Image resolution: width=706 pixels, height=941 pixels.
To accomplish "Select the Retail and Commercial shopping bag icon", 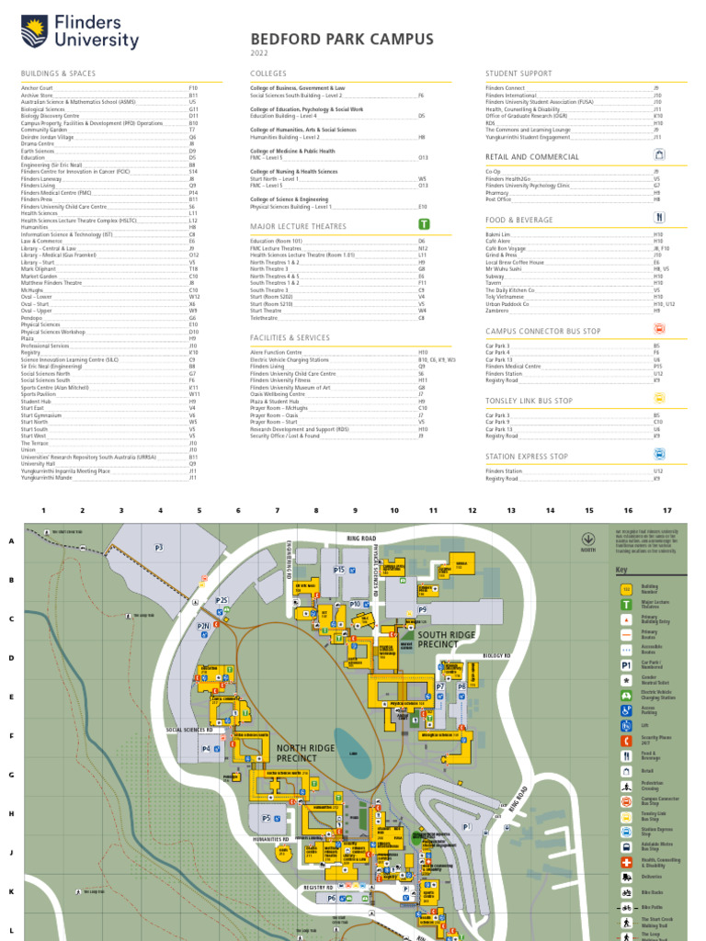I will click(658, 156).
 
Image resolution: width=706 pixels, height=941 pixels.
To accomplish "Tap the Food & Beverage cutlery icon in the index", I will click(658, 219).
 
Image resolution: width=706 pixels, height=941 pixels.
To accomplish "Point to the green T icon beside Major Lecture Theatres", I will click(424, 224).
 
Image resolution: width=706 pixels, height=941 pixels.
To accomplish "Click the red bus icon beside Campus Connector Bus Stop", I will click(658, 329).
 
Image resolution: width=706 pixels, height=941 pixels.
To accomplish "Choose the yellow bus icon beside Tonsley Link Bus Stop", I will click(658, 399).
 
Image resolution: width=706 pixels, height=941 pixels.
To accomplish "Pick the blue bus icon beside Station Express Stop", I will click(658, 455).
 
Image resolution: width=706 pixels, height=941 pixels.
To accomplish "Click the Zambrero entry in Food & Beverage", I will click(496, 312).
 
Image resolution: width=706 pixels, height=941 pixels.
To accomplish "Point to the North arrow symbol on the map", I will click(587, 539).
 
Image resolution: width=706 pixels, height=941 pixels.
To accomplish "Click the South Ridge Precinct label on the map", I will click(447, 640).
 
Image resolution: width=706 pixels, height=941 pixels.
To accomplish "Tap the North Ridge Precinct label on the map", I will click(305, 754).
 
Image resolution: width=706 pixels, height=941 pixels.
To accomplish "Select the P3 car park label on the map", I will click(159, 548).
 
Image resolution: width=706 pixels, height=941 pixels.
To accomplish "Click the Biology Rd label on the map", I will click(496, 655).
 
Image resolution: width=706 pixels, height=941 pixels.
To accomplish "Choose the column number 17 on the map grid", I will click(667, 510).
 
